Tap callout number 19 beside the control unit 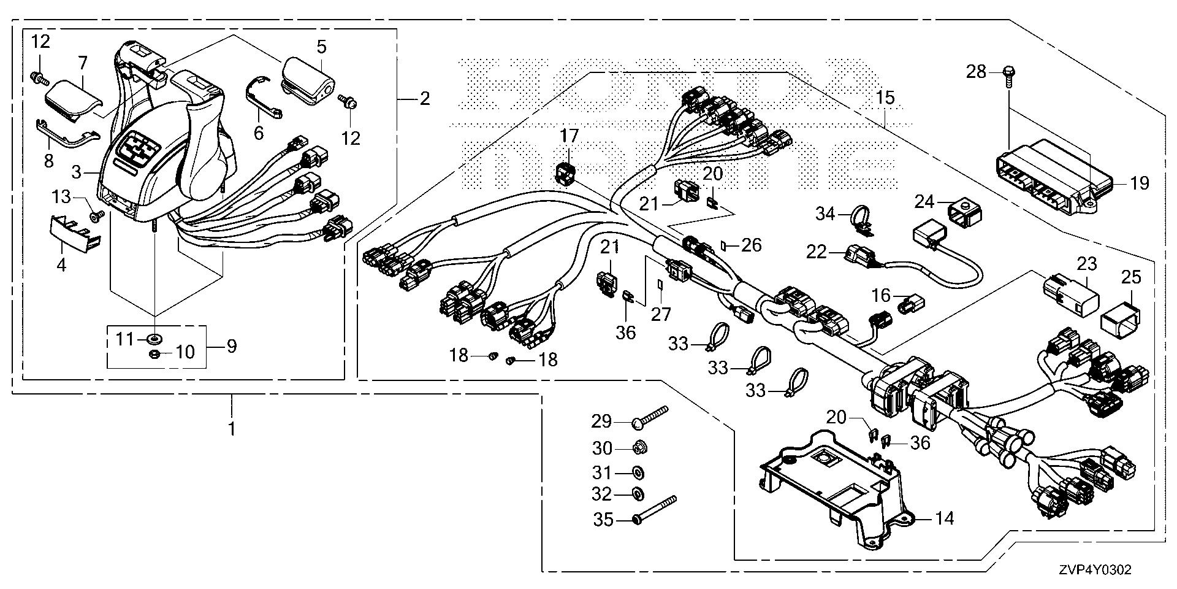click(1140, 183)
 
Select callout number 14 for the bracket click(945, 518)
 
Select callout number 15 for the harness click(885, 97)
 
